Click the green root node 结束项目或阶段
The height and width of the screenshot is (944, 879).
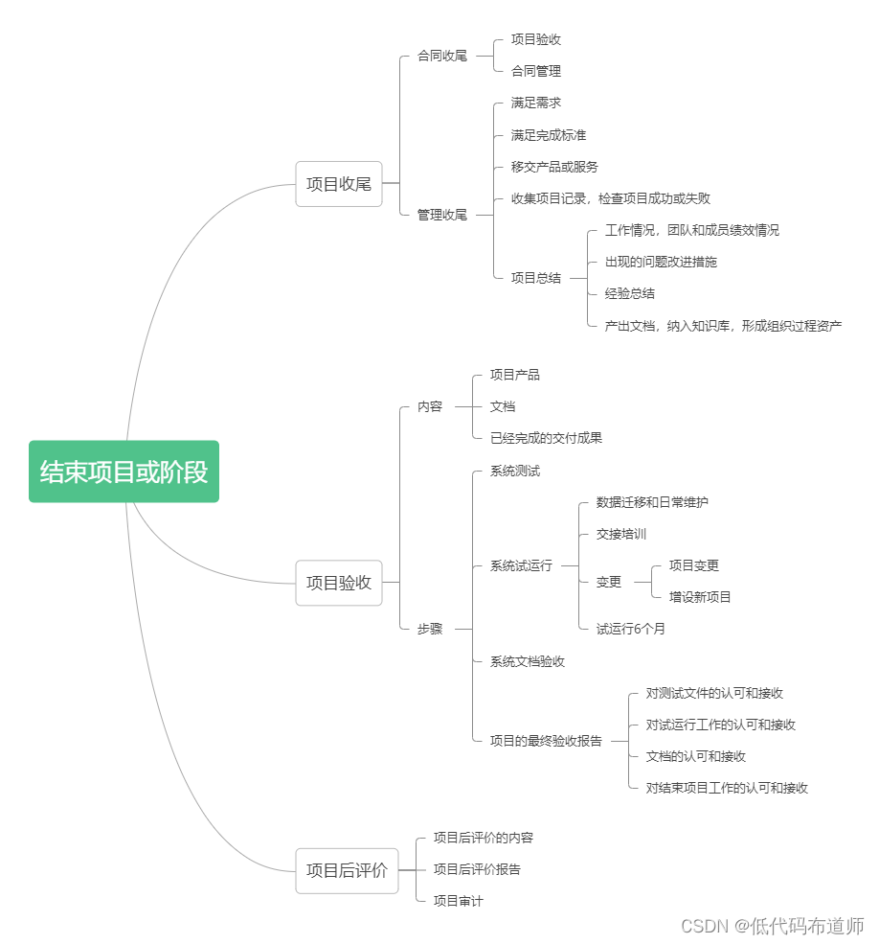click(x=124, y=472)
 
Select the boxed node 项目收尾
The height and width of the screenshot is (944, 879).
click(x=339, y=184)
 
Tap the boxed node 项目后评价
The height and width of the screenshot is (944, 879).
click(x=347, y=870)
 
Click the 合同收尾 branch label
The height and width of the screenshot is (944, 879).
click(x=442, y=56)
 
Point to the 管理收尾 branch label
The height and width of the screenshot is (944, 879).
click(x=442, y=215)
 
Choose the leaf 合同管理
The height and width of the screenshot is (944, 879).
click(x=536, y=71)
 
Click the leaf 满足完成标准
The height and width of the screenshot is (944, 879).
click(x=549, y=135)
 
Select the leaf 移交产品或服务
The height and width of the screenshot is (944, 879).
click(x=554, y=167)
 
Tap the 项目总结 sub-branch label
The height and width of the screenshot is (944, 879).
click(x=536, y=278)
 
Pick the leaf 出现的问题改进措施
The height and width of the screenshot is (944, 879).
click(x=662, y=262)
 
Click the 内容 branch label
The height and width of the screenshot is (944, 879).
click(x=430, y=407)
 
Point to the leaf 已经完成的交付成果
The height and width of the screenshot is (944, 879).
click(x=547, y=438)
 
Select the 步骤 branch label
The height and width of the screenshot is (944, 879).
click(x=430, y=629)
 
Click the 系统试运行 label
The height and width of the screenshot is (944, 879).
click(x=521, y=565)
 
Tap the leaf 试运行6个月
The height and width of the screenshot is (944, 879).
click(x=630, y=629)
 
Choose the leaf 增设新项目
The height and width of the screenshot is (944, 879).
click(x=700, y=597)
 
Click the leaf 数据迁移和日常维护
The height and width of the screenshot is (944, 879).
click(x=652, y=502)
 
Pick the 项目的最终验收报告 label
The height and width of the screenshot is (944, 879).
click(x=547, y=741)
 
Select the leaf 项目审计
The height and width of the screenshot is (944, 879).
click(x=459, y=901)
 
